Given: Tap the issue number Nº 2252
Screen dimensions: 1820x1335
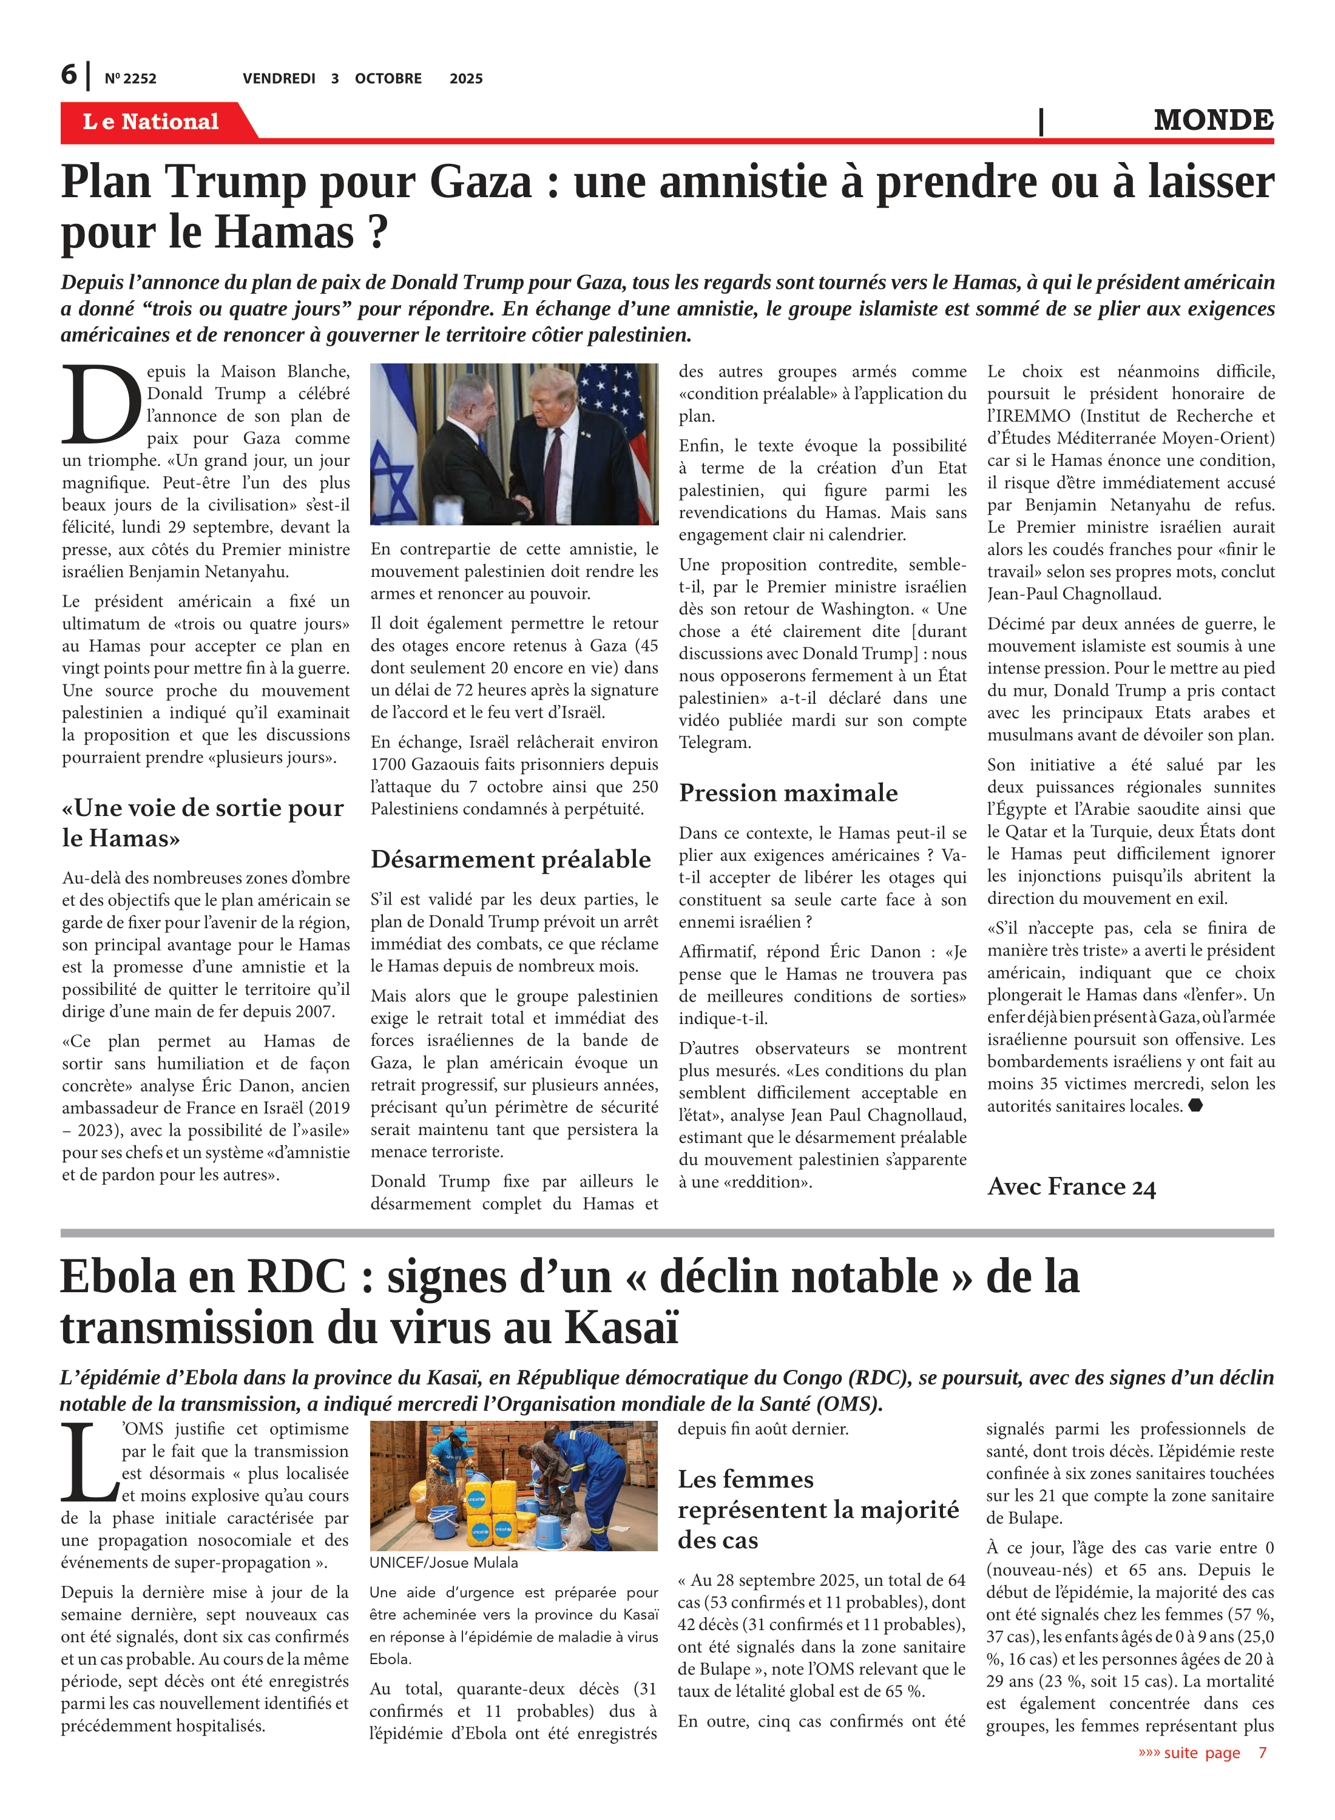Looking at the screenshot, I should point(130,78).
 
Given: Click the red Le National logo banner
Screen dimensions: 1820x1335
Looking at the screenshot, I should point(151,121).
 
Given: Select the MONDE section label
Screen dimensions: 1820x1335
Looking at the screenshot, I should point(1213,120).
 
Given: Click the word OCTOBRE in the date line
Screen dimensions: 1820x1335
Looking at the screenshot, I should point(388,78).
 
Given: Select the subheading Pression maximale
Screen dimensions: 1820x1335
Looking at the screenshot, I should point(788,792).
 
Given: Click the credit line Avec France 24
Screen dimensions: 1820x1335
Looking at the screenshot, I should point(1072,1186).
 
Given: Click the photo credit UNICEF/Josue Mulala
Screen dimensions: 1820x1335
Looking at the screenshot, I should point(444,1562).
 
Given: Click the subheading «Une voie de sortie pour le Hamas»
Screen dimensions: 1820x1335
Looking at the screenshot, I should point(203,823).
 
